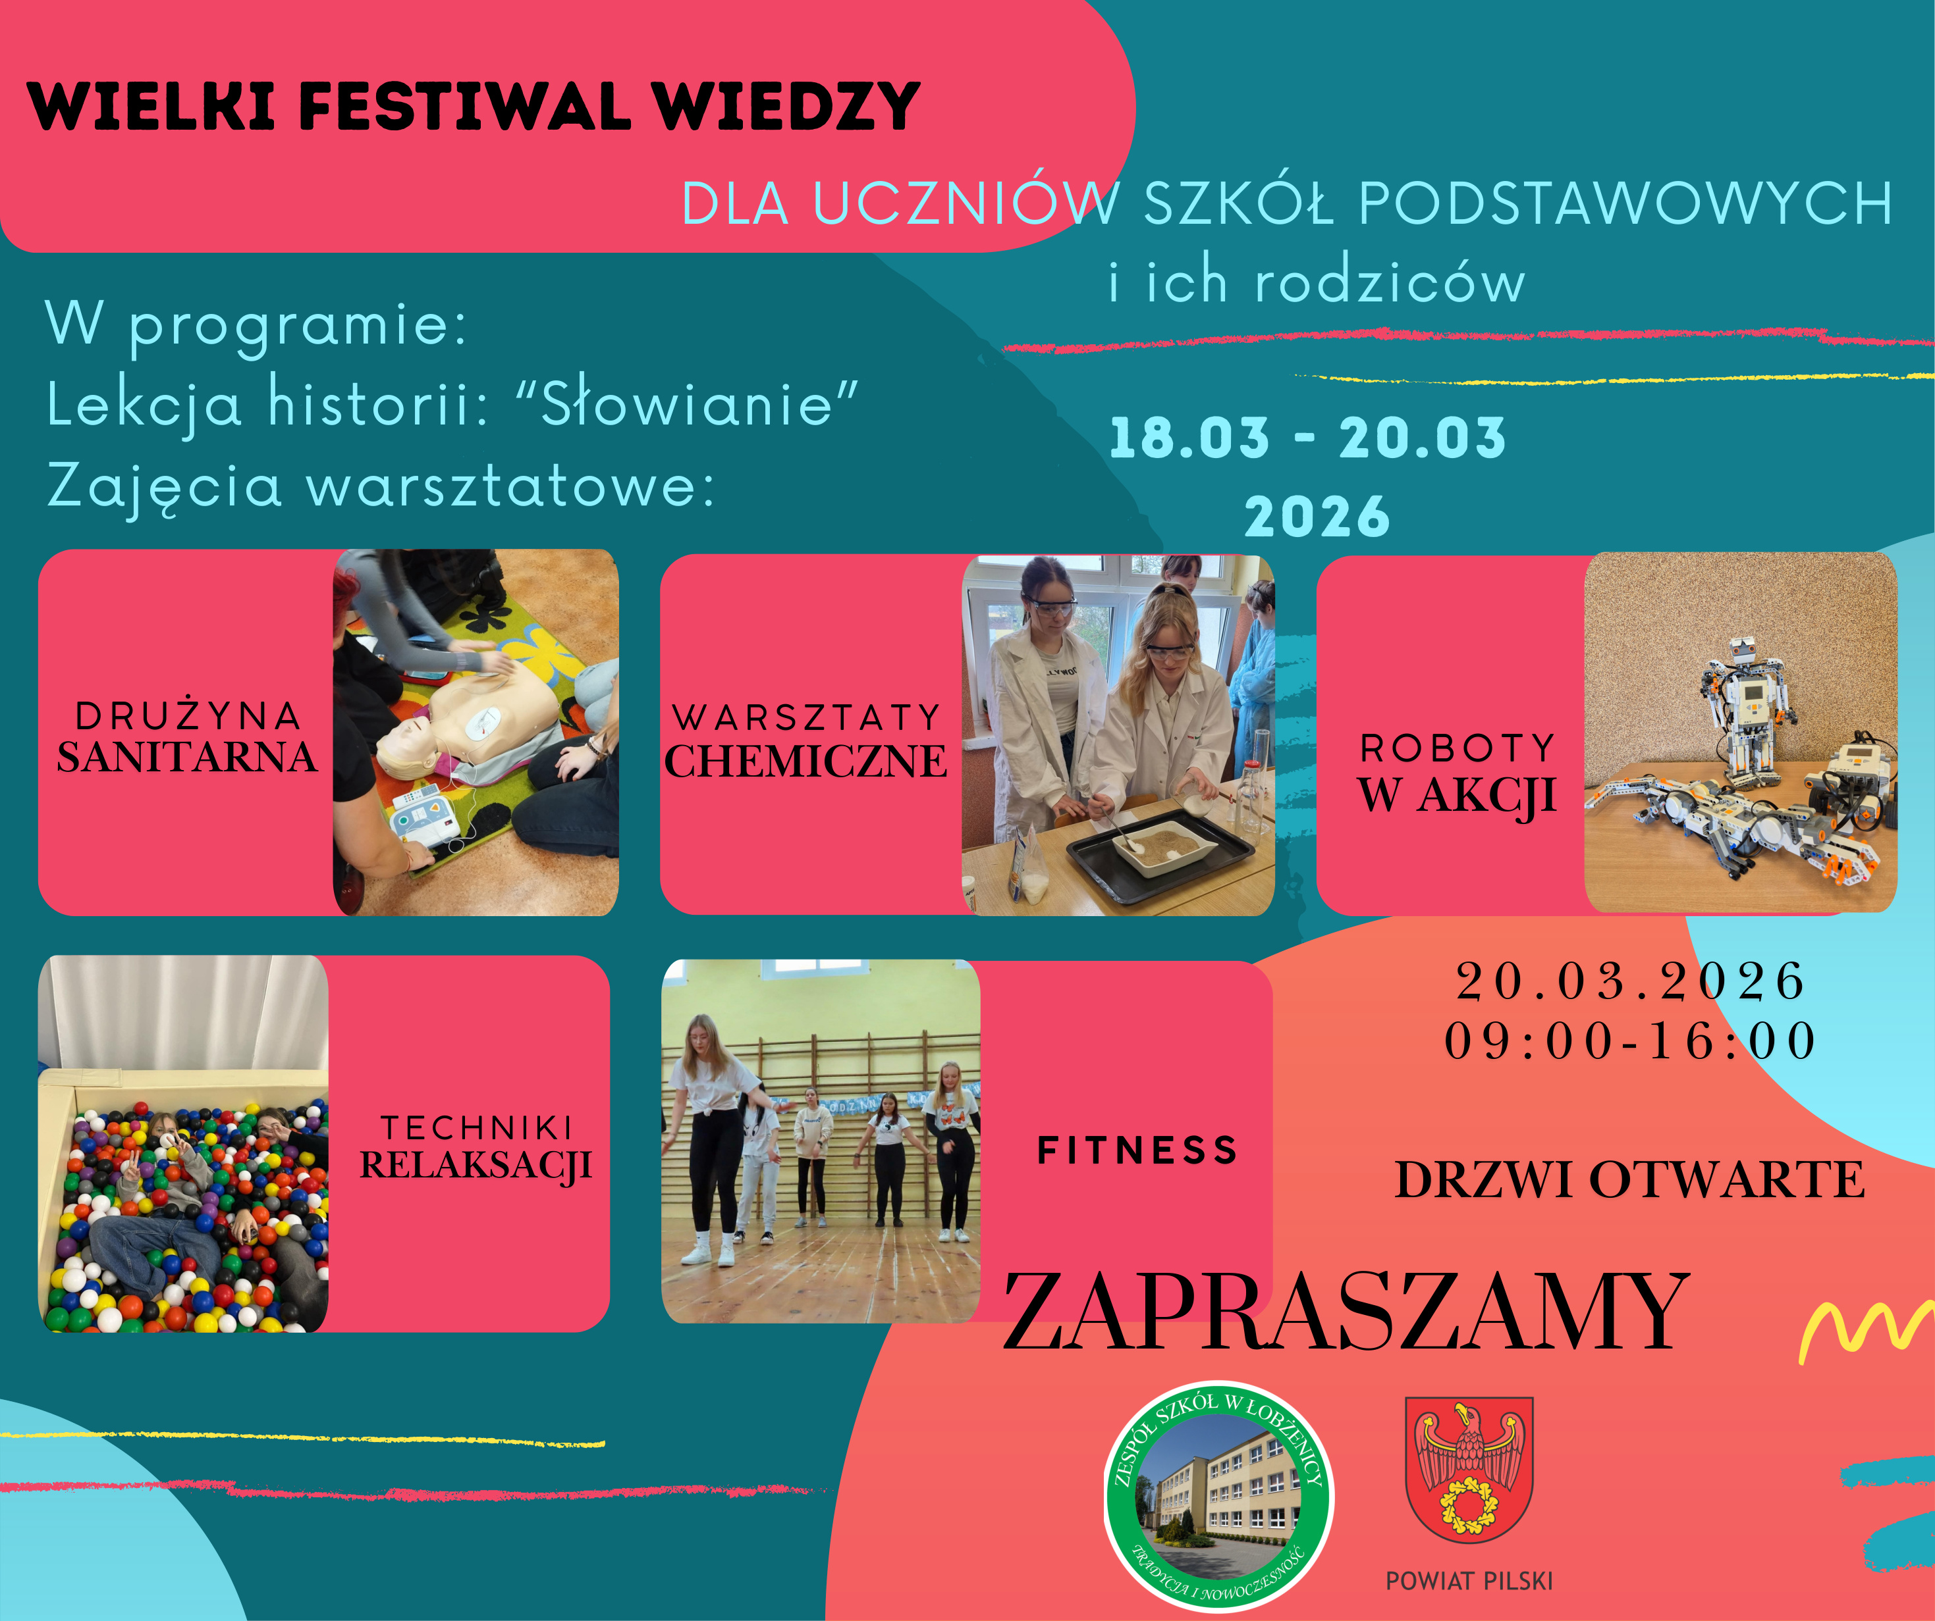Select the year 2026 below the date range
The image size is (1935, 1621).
[x=1317, y=516]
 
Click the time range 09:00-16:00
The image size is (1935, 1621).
[x=1630, y=1041]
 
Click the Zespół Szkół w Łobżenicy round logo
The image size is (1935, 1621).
[x=1219, y=1496]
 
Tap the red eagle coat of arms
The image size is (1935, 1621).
[x=1469, y=1470]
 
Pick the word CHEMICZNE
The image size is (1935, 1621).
[x=806, y=761]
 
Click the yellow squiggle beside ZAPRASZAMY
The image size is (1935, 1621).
[x=1866, y=1331]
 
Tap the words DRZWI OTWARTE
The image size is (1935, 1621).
[x=1630, y=1180]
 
